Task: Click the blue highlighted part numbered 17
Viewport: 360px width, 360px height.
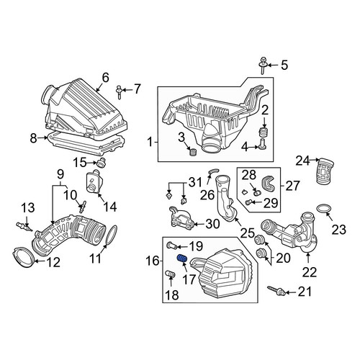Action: [x=183, y=258]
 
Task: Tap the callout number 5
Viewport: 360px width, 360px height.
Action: [x=284, y=65]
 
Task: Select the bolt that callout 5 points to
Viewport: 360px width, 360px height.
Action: [x=264, y=66]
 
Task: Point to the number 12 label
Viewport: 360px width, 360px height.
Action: [x=53, y=262]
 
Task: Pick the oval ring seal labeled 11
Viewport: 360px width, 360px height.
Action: [x=111, y=235]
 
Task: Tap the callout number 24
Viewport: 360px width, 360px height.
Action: [x=303, y=161]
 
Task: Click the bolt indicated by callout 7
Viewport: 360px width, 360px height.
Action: [x=120, y=91]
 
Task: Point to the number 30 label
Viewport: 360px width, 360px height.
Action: [x=212, y=224]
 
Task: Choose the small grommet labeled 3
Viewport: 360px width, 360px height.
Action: [x=192, y=152]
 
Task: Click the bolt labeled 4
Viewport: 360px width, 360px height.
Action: [x=264, y=144]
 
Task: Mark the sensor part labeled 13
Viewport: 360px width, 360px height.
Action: [x=24, y=227]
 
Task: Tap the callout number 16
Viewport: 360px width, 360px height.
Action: [x=153, y=261]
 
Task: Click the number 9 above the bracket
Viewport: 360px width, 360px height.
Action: [x=60, y=175]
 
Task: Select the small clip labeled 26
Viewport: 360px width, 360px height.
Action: [x=213, y=171]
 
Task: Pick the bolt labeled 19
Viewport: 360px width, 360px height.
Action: [x=172, y=246]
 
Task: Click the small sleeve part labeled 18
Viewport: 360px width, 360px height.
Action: [x=170, y=274]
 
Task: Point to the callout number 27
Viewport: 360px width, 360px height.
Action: [x=293, y=186]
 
